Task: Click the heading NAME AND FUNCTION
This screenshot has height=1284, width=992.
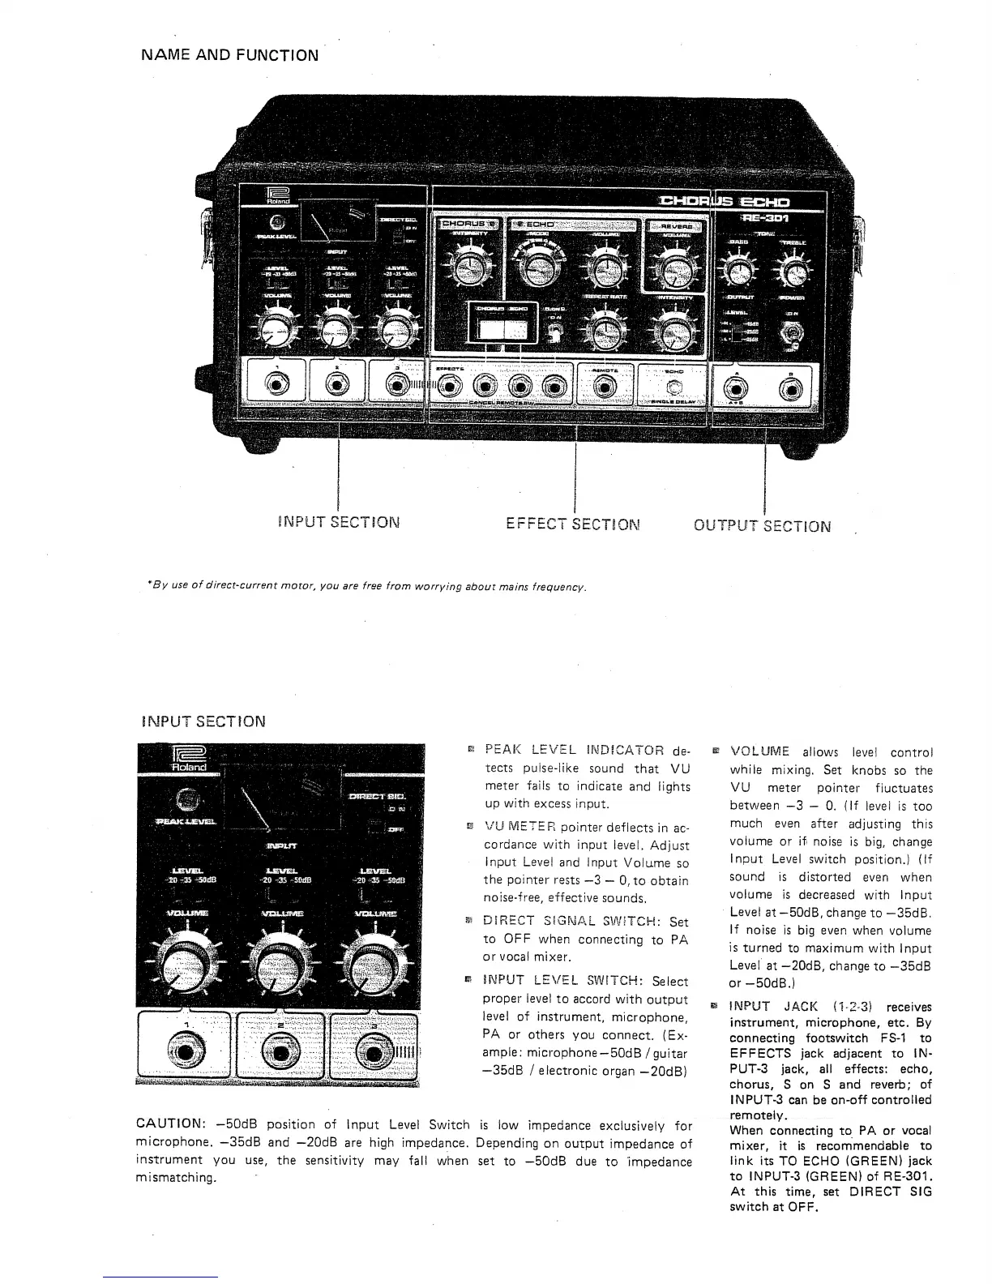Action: tap(229, 55)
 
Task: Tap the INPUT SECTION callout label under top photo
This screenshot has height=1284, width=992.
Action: tap(338, 522)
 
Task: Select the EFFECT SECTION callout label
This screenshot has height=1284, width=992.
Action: tap(573, 524)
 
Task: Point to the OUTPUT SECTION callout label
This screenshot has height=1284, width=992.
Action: tap(762, 525)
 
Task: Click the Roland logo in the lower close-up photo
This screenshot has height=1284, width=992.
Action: tap(187, 759)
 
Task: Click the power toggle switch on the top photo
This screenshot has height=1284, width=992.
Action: tap(789, 335)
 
